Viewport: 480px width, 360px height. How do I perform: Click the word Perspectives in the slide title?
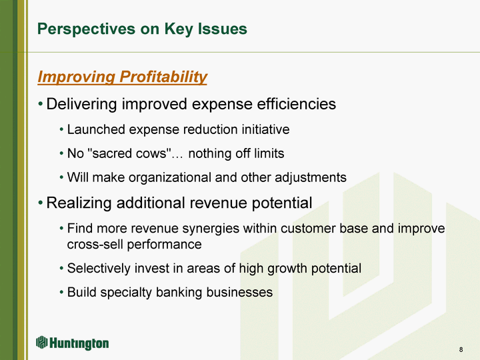86,29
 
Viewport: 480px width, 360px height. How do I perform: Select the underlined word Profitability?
163,77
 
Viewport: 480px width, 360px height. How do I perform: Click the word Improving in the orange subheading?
77,77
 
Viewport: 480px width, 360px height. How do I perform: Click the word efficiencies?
296,104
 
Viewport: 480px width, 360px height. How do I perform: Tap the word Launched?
96,129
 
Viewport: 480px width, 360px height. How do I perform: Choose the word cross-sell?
95,244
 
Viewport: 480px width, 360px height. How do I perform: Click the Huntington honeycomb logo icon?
41,342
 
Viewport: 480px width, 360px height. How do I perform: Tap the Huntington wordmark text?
79,343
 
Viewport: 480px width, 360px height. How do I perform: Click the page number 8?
461,349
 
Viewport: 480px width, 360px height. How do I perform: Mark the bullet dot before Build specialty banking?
61,292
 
